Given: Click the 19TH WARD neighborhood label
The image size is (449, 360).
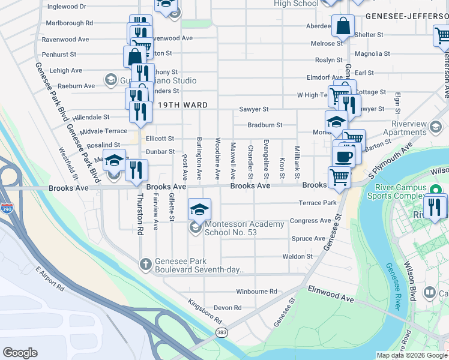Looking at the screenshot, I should (x=183, y=105).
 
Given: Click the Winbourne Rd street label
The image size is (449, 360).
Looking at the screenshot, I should (x=256, y=292).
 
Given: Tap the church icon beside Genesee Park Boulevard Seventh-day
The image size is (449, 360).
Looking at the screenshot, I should (x=145, y=263).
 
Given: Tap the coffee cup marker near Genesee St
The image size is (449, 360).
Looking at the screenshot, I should (x=343, y=157).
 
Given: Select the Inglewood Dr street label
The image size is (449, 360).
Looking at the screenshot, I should (x=67, y=7).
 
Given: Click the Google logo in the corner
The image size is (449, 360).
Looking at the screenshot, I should (x=20, y=353).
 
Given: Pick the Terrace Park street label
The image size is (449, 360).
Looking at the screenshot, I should (x=318, y=203).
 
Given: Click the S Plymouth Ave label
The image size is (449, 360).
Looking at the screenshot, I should (x=391, y=161).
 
